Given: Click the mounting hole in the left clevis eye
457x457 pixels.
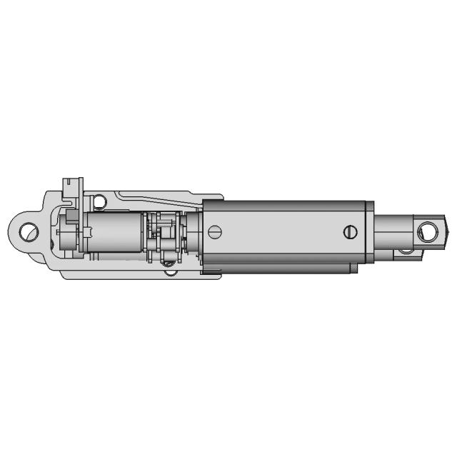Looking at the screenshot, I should click(x=29, y=231).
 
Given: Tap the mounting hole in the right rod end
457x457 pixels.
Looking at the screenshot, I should click(x=428, y=230).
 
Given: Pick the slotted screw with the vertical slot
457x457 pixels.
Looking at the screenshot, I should click(x=349, y=231).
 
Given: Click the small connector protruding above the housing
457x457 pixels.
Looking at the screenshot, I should click(x=73, y=187).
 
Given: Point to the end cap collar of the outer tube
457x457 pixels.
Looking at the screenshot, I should click(x=370, y=232).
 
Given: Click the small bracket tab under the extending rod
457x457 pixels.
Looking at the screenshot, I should click(x=405, y=251).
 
